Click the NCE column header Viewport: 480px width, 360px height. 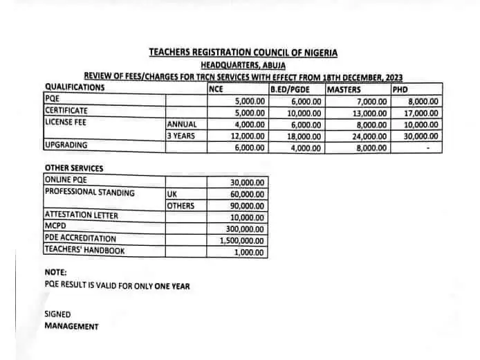tap(216, 88)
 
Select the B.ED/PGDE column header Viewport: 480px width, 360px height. tap(290, 88)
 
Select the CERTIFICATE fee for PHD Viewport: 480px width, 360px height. tap(423, 112)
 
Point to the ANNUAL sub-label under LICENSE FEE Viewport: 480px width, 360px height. tap(182, 124)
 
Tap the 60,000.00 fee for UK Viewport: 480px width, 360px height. tap(246, 195)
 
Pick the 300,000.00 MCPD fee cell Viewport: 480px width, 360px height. tap(245, 228)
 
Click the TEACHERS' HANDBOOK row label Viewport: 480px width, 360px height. tap(84, 251)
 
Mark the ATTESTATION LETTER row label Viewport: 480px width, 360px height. tap(81, 215)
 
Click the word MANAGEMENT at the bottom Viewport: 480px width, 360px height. tap(71, 326)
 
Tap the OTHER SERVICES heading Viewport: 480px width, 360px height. tap(74, 168)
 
